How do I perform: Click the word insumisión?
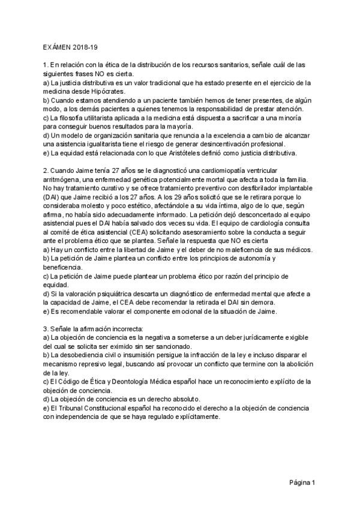click(x=137, y=355)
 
